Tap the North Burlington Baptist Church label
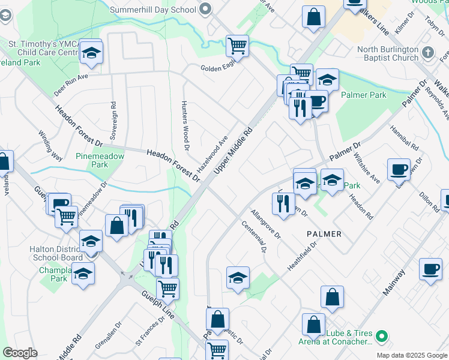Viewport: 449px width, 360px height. (396, 53)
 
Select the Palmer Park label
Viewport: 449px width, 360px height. (363, 95)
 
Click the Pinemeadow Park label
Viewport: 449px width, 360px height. (100, 160)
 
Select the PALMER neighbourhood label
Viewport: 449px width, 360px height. (324, 234)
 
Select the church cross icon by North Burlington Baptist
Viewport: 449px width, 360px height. (427, 52)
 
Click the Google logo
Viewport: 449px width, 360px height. (20, 353)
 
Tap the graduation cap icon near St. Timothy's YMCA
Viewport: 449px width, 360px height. (92, 54)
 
